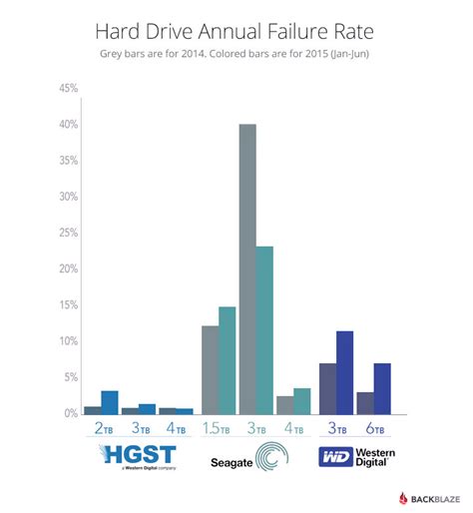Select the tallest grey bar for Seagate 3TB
click(x=246, y=268)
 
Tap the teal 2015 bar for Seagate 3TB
click(x=264, y=329)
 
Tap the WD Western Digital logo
click(x=354, y=458)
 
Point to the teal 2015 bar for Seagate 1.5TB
click(x=228, y=359)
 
